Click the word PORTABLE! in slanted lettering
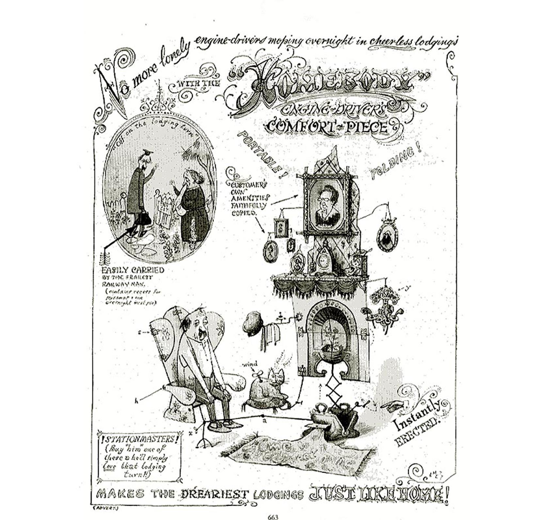[262, 153]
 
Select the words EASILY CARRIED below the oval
[133, 270]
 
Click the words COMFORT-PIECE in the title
[328, 127]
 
